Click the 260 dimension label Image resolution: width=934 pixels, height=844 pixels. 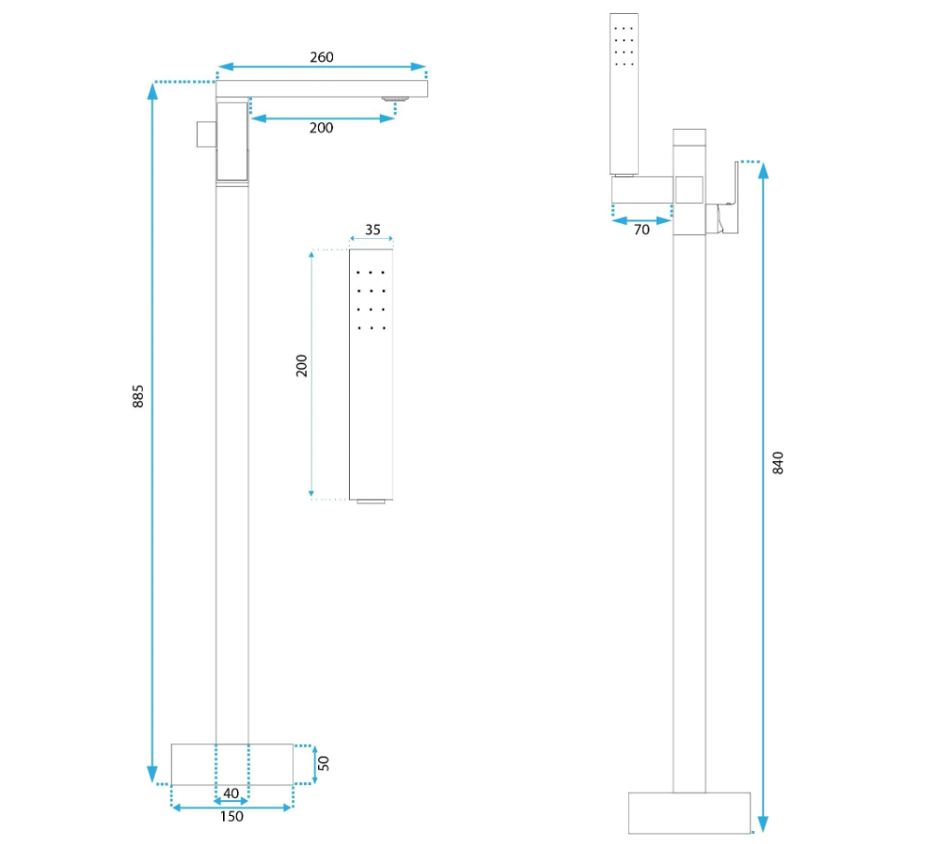(322, 57)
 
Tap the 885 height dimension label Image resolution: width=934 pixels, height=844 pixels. (137, 397)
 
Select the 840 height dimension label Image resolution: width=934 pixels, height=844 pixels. (778, 462)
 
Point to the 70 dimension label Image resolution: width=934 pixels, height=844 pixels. (642, 230)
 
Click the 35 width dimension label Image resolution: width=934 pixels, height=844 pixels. (372, 230)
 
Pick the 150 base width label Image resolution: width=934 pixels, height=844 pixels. (231, 817)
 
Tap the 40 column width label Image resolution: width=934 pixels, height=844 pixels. (230, 794)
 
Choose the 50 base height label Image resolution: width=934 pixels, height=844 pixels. (324, 764)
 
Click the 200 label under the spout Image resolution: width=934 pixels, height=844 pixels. (321, 128)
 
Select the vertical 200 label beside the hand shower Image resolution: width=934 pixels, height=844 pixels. (301, 365)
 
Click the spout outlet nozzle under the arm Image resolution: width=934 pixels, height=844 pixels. (395, 99)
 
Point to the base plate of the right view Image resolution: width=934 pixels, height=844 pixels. (690, 813)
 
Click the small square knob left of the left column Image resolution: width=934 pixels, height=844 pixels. (206, 134)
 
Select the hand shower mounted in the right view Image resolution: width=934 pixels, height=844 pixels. (623, 94)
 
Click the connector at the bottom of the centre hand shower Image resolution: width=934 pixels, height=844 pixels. (371, 502)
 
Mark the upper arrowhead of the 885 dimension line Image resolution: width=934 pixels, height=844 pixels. (152, 91)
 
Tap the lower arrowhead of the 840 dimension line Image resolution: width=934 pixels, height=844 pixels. (763, 824)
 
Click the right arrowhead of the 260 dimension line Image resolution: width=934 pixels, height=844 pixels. (419, 67)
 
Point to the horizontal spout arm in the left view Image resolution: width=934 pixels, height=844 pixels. (322, 89)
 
